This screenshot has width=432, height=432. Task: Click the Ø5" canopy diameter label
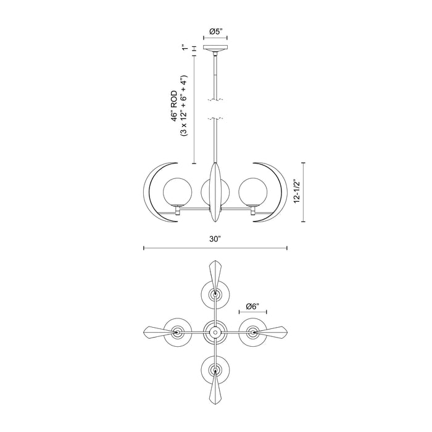point(215,30)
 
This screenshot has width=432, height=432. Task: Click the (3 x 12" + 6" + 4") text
point(185,108)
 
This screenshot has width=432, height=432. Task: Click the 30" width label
point(215,238)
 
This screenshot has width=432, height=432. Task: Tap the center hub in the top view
point(215,332)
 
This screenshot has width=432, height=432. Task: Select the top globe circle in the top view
point(215,295)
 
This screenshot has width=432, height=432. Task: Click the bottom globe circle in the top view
point(215,370)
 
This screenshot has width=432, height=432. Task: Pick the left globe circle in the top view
point(178,332)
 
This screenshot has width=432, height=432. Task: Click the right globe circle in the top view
point(252,332)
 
